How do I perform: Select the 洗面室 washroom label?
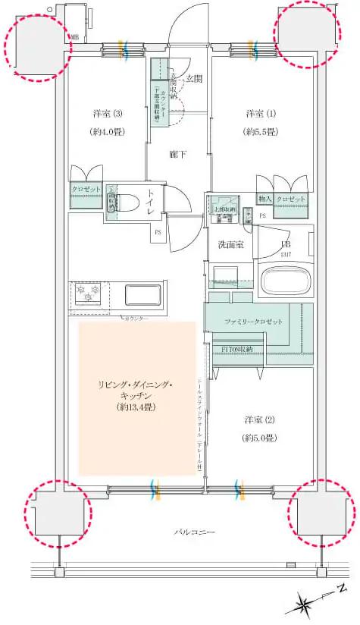230,244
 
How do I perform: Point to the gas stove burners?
87,292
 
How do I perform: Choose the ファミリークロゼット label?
253,322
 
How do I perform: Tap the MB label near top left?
74,36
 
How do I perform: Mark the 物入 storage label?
265,199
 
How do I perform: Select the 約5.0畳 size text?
259,438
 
